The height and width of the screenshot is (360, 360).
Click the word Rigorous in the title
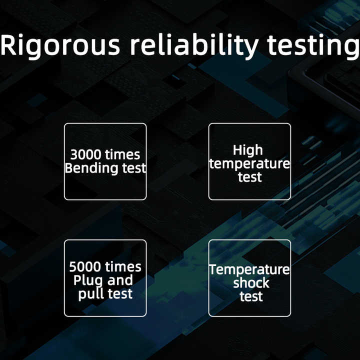pos(60,46)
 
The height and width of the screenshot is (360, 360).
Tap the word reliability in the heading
pos(194,46)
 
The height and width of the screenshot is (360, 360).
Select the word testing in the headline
pos(313,46)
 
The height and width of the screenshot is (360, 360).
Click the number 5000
pos(84,267)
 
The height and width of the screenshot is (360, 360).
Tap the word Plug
pos(88,280)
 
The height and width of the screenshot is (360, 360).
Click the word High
pos(247,150)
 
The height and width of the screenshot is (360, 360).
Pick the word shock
pos(251,282)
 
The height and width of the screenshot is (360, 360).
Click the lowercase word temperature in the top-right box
pos(249,163)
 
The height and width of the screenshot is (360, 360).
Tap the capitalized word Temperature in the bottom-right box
pos(249,269)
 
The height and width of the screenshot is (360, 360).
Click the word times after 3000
pos(120,154)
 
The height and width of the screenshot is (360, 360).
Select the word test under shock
pos(251,296)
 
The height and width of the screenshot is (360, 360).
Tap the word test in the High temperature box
pos(250,177)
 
